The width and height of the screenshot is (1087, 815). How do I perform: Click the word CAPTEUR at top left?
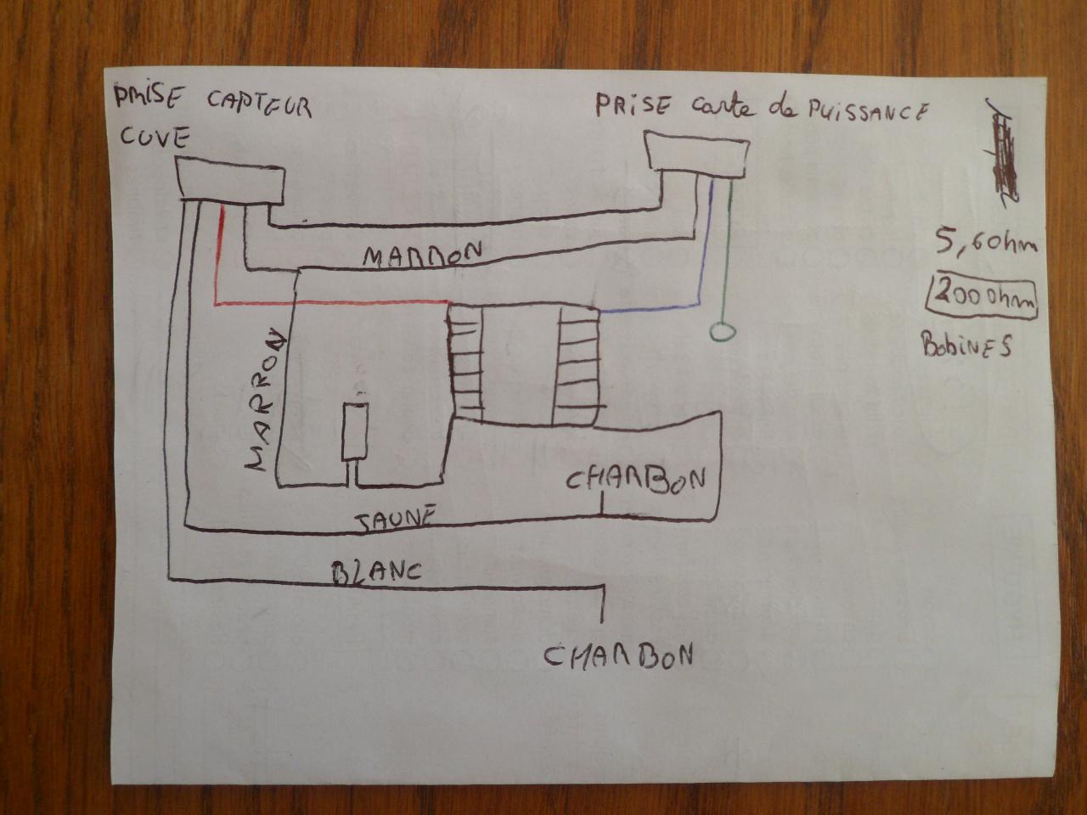point(258,105)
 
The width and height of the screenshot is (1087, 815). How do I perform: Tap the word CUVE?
point(154,137)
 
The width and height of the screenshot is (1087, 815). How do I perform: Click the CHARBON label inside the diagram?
point(635,481)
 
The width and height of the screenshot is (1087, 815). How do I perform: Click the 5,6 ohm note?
point(986,245)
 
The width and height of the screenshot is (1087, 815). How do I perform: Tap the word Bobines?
point(966,344)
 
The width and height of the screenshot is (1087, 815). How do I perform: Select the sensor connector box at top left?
point(231,183)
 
